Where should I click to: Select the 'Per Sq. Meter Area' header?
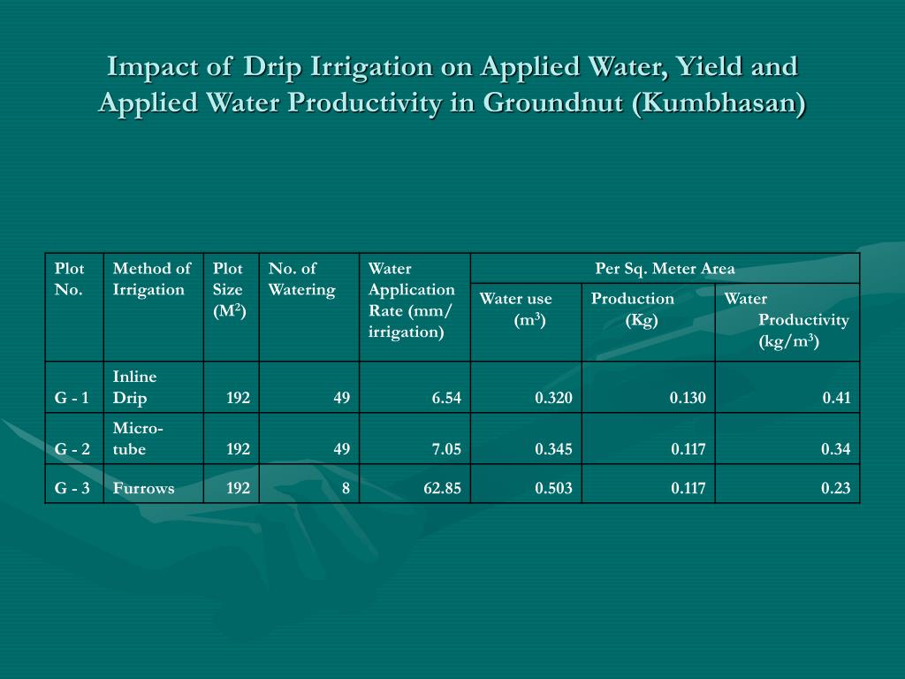665,269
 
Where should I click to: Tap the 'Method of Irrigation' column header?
152,279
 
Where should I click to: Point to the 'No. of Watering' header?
301,279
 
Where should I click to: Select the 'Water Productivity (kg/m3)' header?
787,320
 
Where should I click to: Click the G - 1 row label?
72,398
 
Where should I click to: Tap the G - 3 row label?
72,488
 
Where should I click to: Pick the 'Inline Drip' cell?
134,387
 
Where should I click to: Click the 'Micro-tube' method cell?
137,439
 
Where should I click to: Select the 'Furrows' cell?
143,488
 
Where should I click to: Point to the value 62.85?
442,488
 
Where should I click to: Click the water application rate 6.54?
446,398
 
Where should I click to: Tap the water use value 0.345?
553,449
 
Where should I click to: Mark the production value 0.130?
688,398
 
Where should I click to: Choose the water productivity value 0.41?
836,398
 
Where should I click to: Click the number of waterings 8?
346,488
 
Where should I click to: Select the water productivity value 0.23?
836,488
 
